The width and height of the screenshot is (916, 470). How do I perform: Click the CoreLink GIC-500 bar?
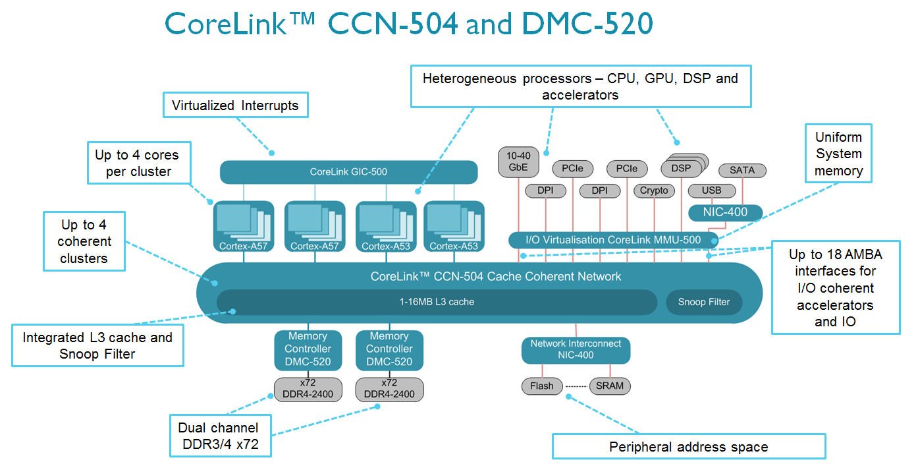[x=348, y=172]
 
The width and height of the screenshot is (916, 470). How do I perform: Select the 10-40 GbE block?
[x=518, y=162]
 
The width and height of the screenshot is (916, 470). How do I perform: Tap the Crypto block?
[x=654, y=191]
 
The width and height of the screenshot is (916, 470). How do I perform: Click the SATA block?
[x=742, y=170]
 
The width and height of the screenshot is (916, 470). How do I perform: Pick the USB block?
[x=711, y=191]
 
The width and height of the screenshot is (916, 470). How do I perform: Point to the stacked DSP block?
[x=682, y=167]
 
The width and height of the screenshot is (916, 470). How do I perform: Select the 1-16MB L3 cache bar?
[x=436, y=302]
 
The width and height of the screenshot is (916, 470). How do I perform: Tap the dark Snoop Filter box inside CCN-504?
[x=704, y=302]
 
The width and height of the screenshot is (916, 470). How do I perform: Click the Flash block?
[x=543, y=386]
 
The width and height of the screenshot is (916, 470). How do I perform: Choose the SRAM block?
[x=610, y=386]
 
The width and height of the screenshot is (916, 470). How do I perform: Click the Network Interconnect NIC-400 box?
[x=576, y=349]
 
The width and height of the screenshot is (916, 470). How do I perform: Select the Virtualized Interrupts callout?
[x=235, y=105]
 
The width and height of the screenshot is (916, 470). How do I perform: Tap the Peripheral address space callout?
[x=688, y=447]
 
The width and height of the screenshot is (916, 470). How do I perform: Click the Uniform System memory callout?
[x=838, y=154]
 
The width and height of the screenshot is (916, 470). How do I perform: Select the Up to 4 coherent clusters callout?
[x=84, y=241]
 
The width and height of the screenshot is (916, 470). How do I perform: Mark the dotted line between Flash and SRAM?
[x=576, y=386]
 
